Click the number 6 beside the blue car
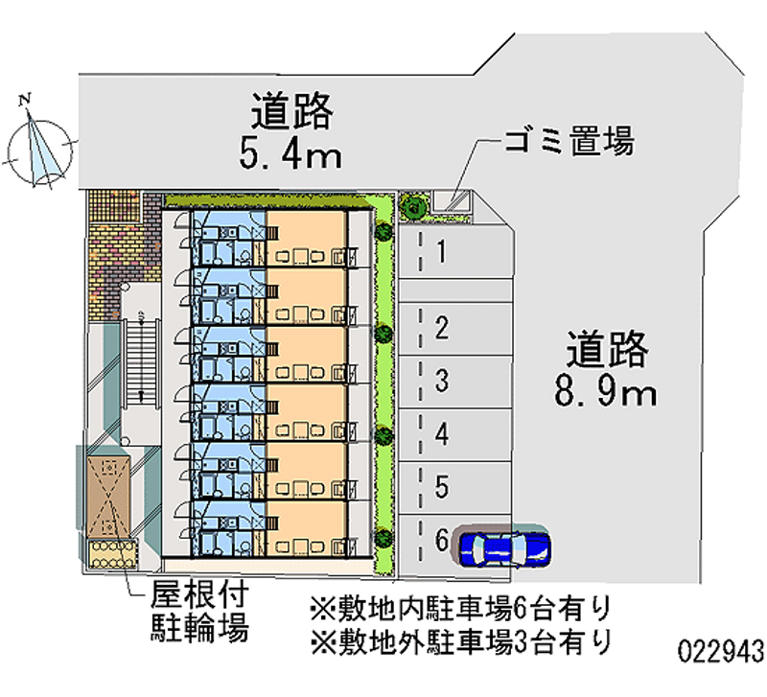click(x=442, y=540)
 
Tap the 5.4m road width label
click(x=291, y=152)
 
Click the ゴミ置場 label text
click(x=569, y=142)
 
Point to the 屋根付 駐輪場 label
click(x=199, y=612)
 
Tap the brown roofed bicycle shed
click(x=108, y=497)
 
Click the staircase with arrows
click(x=141, y=363)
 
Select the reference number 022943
click(x=721, y=652)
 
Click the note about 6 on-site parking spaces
click(x=461, y=609)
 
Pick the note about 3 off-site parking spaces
click(x=461, y=641)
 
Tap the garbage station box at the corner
click(x=452, y=202)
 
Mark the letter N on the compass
click(x=25, y=100)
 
